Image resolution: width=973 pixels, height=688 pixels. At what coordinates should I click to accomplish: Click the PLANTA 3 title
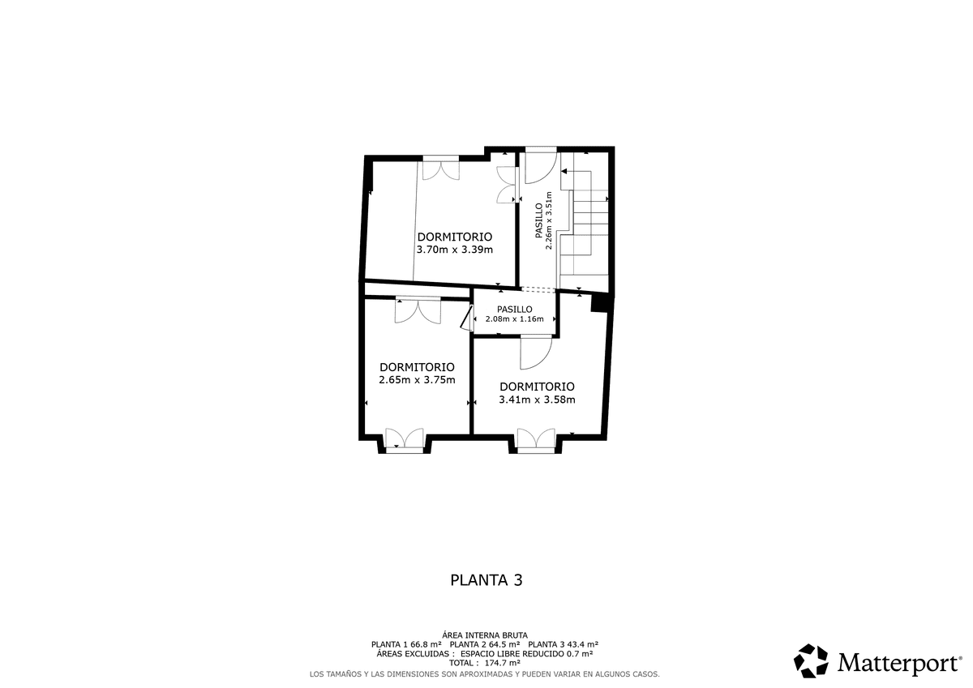coord(486,580)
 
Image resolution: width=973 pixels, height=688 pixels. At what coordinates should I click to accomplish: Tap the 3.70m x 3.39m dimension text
coord(455,250)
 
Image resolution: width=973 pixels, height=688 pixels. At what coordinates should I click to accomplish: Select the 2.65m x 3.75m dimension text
coord(417,380)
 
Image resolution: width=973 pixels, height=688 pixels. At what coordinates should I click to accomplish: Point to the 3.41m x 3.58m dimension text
coord(537,400)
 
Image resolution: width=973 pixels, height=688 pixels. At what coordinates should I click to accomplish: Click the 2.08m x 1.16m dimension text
coord(515,319)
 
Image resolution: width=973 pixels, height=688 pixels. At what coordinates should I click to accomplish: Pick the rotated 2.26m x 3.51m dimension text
coord(549,220)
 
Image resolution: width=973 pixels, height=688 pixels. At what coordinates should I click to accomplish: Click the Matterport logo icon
coord(811,660)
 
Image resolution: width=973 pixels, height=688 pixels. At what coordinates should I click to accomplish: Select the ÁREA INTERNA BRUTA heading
coord(485,635)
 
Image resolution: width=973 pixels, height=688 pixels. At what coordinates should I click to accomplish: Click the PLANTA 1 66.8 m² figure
coord(406,644)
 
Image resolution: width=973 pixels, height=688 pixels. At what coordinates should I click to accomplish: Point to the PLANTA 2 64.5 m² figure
coord(485,644)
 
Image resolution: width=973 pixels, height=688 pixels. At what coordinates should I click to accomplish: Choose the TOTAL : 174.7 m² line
coord(485,663)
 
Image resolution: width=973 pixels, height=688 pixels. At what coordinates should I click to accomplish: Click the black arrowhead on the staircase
coord(564,172)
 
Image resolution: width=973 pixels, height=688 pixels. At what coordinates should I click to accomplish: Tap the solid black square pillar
coord(600,302)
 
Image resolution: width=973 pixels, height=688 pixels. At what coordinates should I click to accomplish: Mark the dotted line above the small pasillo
coord(538,289)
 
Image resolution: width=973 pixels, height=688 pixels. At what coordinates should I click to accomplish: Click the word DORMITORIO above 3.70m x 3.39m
coord(455,237)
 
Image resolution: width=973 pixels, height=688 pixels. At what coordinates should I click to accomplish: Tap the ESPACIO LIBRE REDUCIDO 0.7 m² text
coord(527,654)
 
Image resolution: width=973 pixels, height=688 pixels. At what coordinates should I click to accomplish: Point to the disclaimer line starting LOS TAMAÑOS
coord(485,674)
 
